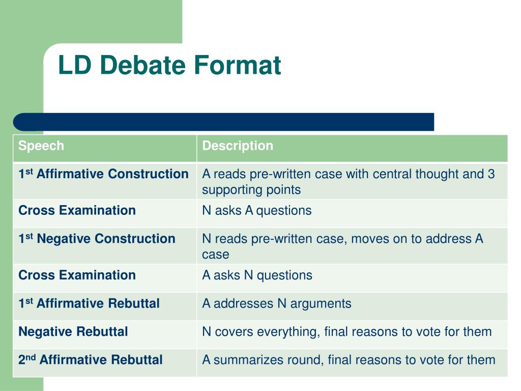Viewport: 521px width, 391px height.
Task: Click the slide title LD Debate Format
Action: click(169, 66)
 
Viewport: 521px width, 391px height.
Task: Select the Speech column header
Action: click(41, 146)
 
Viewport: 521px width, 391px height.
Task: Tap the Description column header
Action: click(238, 146)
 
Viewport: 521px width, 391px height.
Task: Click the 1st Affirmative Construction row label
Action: click(103, 174)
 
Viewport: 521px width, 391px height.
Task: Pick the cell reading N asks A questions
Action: click(256, 211)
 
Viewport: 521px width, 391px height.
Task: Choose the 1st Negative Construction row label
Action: click(97, 239)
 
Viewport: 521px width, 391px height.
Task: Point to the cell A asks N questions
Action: click(257, 275)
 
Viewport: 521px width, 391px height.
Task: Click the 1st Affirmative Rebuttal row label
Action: click(89, 304)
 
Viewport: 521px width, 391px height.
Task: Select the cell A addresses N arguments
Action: click(276, 304)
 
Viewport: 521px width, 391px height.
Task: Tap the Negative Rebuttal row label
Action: click(73, 332)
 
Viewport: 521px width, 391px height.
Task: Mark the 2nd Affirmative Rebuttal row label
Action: click(91, 360)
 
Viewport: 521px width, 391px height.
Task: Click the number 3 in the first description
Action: click(491, 174)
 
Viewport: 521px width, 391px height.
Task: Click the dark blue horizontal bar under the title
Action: click(224, 122)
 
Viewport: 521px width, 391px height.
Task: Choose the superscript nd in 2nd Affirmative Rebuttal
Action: click(31, 357)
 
